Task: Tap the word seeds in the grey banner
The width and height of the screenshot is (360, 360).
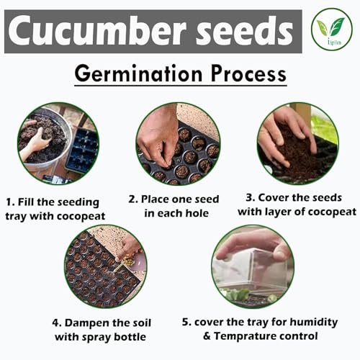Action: tap(245, 30)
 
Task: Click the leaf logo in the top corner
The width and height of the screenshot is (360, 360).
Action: tap(332, 29)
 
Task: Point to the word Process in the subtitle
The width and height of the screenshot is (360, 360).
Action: tap(248, 73)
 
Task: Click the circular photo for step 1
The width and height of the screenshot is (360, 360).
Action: tap(58, 143)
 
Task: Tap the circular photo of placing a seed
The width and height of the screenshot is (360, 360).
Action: tap(178, 143)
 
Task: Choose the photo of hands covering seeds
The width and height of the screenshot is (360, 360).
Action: tap(298, 143)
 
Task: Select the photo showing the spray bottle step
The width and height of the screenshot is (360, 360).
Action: tap(106, 266)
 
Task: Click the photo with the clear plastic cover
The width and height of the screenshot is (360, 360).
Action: tap(253, 266)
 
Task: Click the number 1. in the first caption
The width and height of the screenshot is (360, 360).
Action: tap(10, 202)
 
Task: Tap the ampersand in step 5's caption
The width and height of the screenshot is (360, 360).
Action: tap(207, 336)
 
